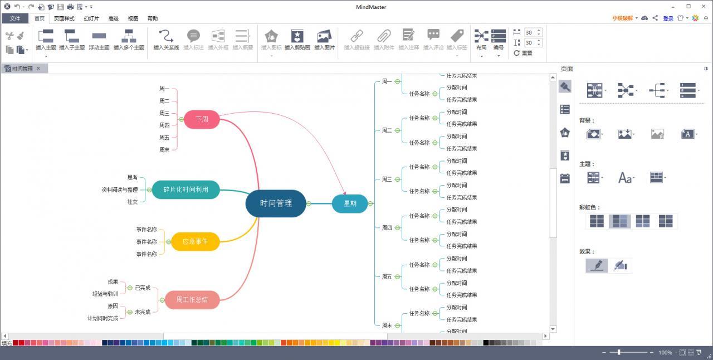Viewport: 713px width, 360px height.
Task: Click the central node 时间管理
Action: [x=276, y=203]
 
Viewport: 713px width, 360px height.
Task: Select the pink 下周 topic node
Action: [x=202, y=119]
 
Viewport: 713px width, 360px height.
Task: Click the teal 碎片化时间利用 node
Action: [x=185, y=189]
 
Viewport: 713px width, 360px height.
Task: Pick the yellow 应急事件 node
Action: [x=195, y=241]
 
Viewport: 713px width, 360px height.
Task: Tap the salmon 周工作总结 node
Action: [x=192, y=300]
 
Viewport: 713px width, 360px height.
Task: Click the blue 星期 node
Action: [x=350, y=203]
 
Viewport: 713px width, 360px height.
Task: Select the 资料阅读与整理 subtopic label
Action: [x=119, y=190]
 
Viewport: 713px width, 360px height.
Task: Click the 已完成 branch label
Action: [x=142, y=288]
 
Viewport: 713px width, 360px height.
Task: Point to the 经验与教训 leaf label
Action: [x=105, y=294]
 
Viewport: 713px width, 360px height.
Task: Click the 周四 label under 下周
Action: [x=164, y=125]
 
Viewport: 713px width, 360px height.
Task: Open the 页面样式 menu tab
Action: [x=64, y=18]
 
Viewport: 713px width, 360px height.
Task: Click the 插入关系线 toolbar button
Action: [x=166, y=40]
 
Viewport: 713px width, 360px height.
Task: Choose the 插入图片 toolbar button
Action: [x=324, y=40]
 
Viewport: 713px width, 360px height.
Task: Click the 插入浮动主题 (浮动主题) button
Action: [x=99, y=40]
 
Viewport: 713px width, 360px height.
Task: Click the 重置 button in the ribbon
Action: [x=523, y=53]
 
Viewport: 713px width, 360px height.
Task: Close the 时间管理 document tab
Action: [x=38, y=69]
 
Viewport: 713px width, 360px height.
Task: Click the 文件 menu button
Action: [x=14, y=18]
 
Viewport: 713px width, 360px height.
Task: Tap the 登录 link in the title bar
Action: [x=668, y=18]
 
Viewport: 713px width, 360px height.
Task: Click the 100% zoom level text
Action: [x=665, y=353]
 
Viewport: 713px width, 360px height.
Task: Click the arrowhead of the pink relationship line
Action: [x=345, y=193]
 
